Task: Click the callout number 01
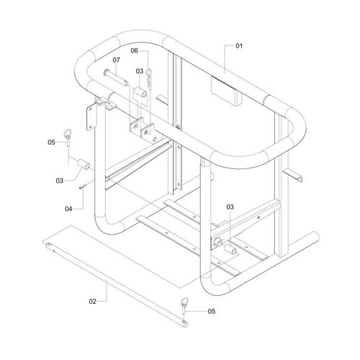(x=239, y=46)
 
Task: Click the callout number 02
(x=93, y=302)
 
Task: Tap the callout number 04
(x=68, y=209)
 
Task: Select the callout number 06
(x=135, y=50)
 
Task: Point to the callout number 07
(x=116, y=60)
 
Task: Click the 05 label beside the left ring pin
(x=51, y=143)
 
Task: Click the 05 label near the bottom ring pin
(x=212, y=311)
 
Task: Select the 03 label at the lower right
(x=230, y=207)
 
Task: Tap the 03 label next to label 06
(x=140, y=71)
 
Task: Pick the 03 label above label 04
(x=60, y=181)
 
